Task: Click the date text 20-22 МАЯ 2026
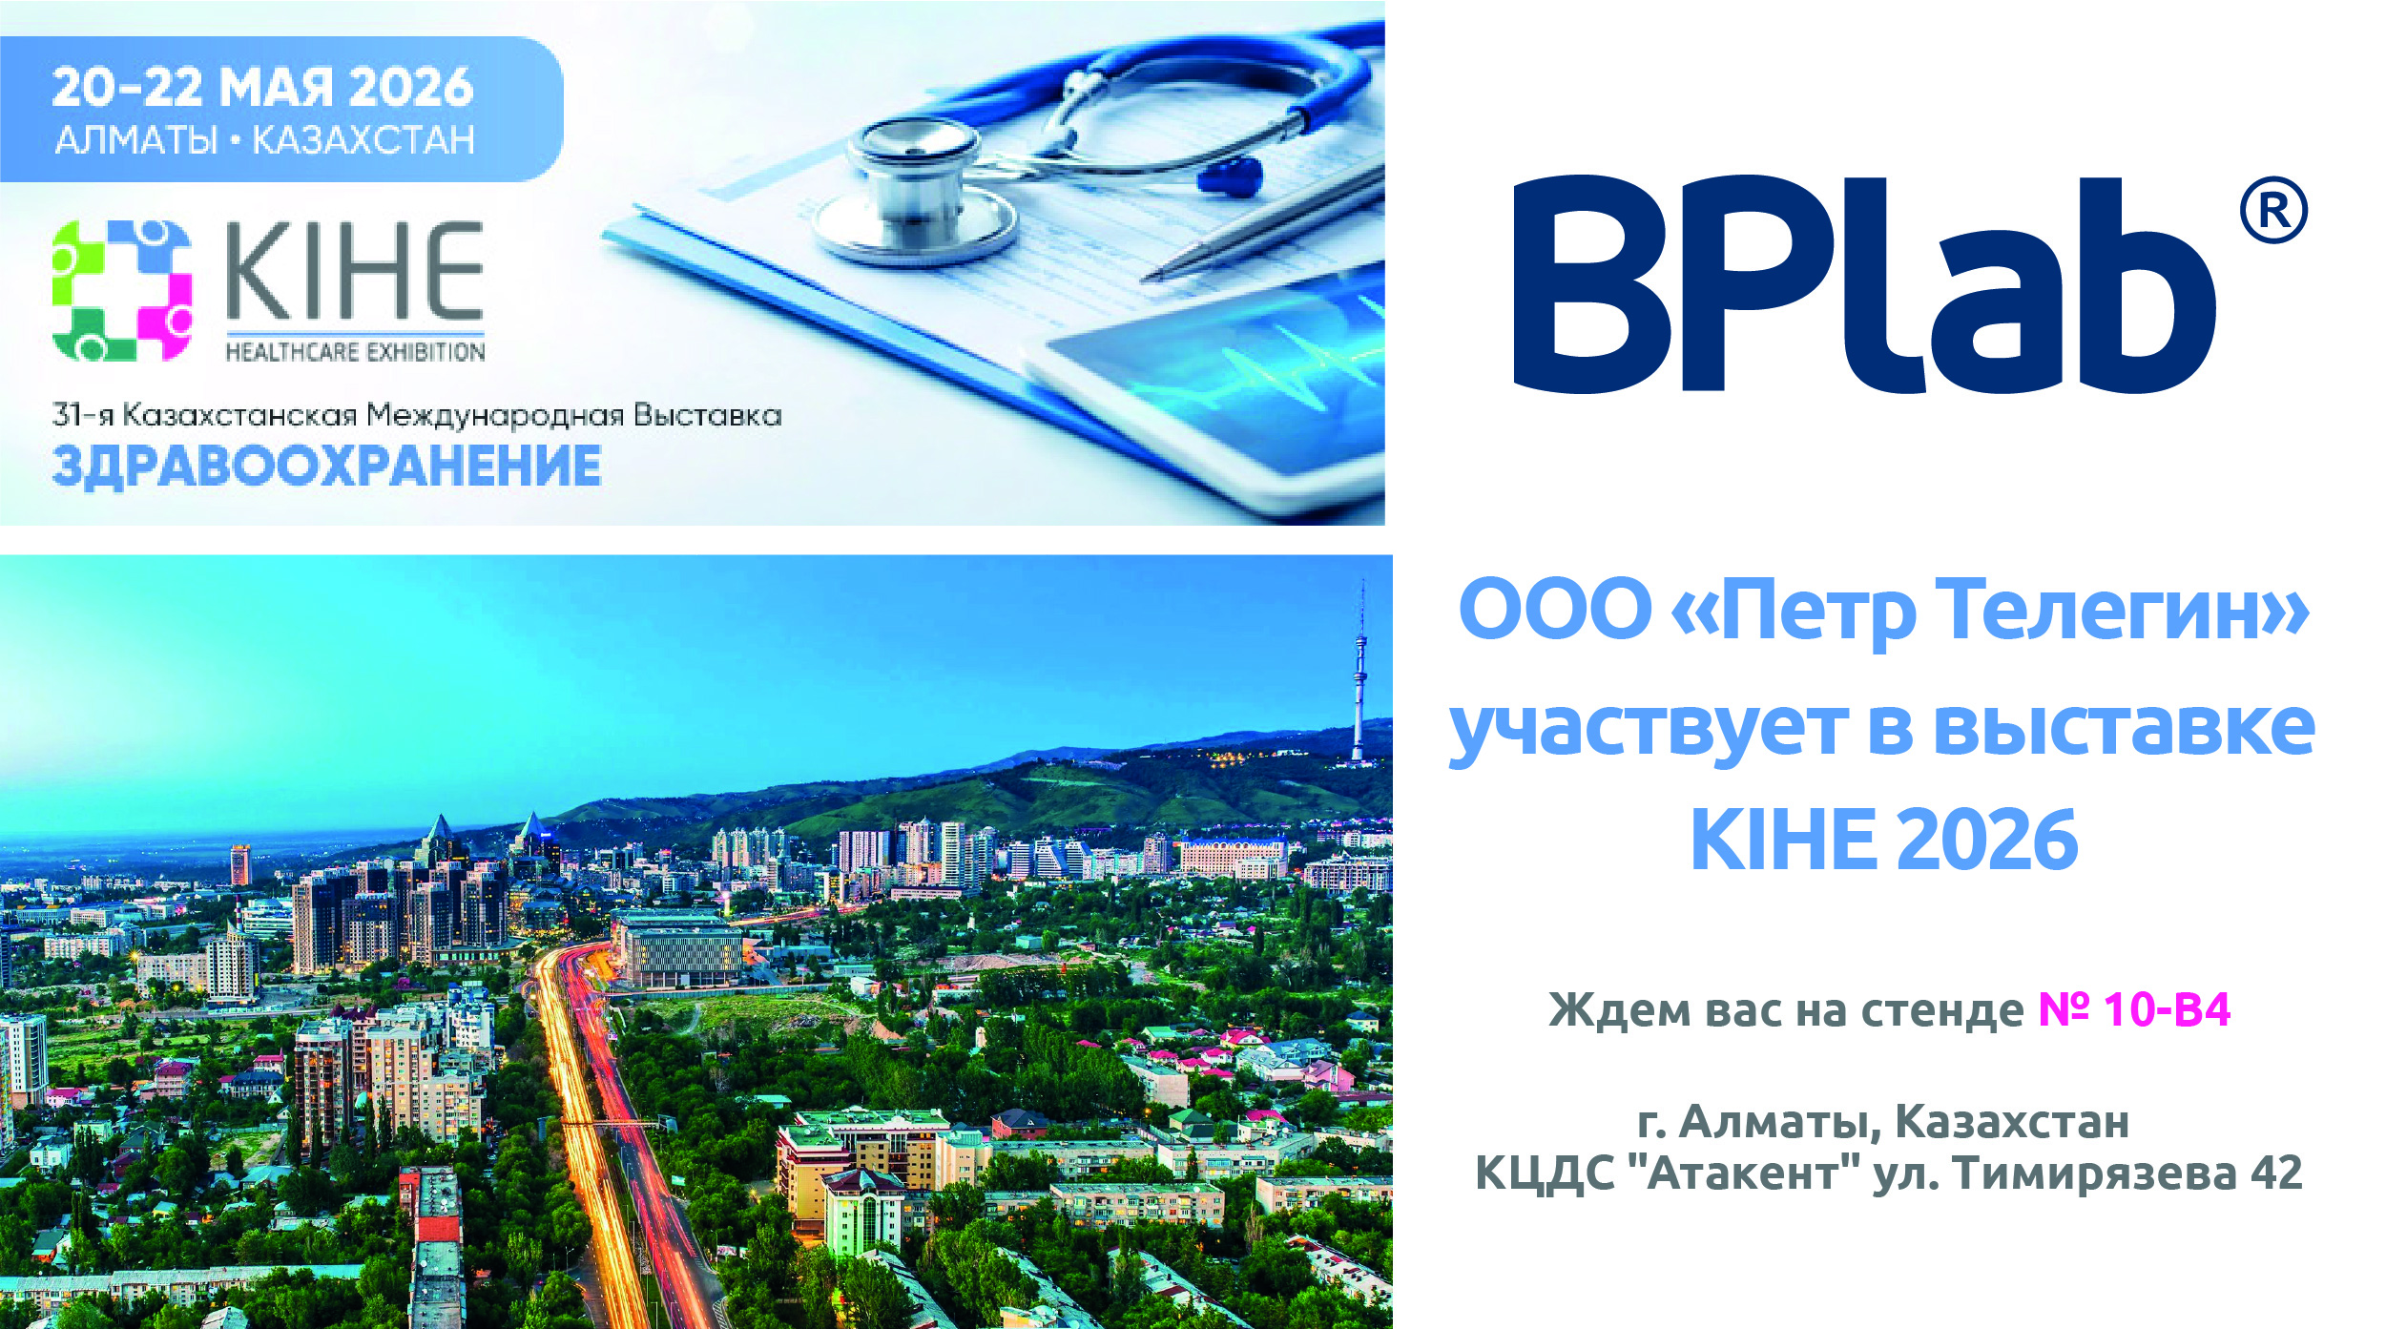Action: tap(262, 87)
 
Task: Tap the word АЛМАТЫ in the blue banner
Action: tap(136, 140)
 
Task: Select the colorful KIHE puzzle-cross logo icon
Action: tap(122, 290)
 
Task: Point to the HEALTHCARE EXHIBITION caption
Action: tap(355, 352)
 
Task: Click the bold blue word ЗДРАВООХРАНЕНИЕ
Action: tap(326, 467)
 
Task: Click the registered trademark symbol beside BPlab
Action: tap(2273, 210)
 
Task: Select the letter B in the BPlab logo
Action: tap(1592, 283)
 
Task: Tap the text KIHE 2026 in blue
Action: tap(1884, 840)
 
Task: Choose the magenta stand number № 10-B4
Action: tap(2134, 1009)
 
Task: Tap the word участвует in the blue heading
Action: tap(1648, 729)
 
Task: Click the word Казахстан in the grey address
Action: tap(2012, 1121)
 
